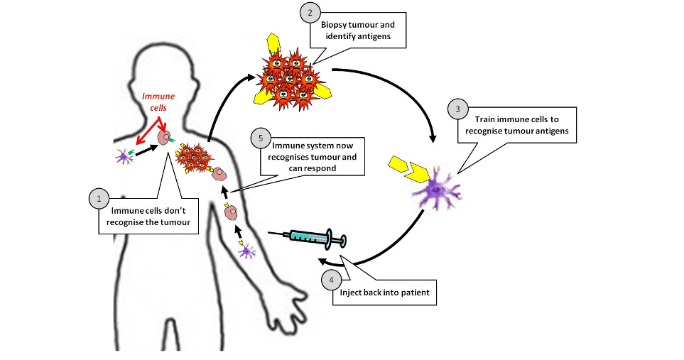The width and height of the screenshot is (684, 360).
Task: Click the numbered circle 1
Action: tap(99, 198)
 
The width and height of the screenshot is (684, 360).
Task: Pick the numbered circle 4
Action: tap(330, 280)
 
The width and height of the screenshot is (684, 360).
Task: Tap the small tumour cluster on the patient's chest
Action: tap(192, 158)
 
